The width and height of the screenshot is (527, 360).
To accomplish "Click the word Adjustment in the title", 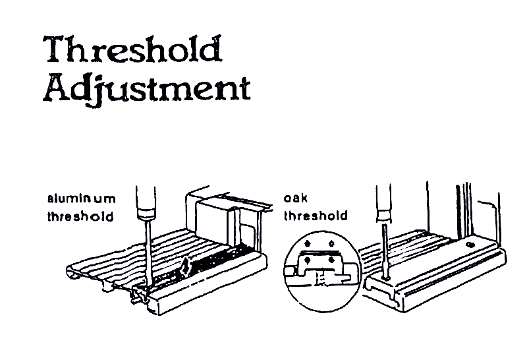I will tap(146, 88).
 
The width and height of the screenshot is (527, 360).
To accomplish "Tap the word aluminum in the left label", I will tap(81, 198).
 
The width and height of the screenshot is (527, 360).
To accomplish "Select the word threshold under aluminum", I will tap(80, 216).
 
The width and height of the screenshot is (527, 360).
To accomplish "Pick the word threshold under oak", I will tap(316, 216).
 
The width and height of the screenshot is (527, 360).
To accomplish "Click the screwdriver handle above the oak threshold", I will tap(383, 204).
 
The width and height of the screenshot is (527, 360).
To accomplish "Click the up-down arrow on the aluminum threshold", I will tap(186, 268).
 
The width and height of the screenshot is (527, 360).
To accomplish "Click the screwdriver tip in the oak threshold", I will tap(385, 280).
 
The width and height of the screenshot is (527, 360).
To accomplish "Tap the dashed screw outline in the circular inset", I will tap(321, 280).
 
